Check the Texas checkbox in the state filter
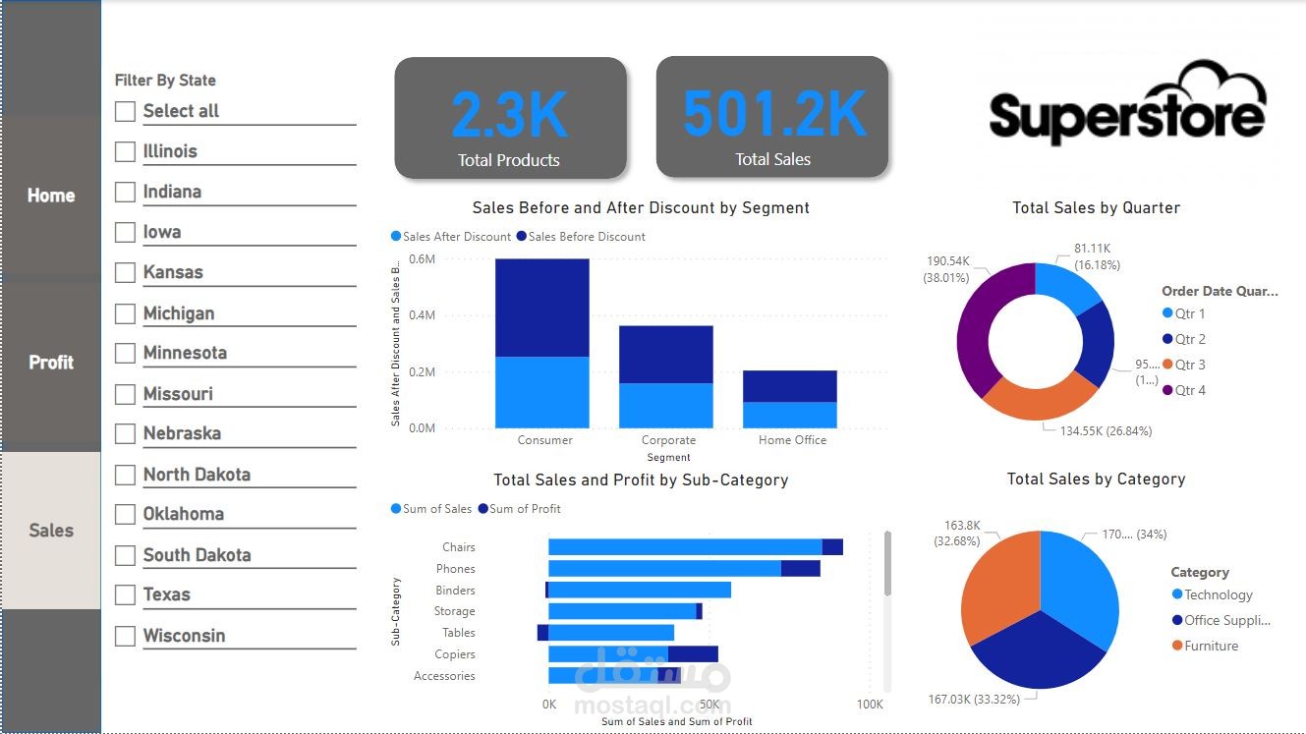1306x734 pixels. (125, 595)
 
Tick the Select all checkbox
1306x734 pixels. (125, 112)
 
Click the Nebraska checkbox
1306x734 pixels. (125, 434)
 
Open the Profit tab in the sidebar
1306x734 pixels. (51, 363)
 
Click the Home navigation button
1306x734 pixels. (51, 196)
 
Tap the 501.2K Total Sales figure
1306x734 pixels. (773, 114)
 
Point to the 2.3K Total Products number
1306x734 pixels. (509, 115)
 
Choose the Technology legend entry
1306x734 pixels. (1218, 594)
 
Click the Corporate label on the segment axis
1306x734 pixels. (668, 440)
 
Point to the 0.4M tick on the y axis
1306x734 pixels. (422, 315)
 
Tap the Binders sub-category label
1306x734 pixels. (455, 591)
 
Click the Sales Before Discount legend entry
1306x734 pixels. (586, 237)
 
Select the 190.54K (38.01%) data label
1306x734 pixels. (947, 268)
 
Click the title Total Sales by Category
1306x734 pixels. (1096, 480)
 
